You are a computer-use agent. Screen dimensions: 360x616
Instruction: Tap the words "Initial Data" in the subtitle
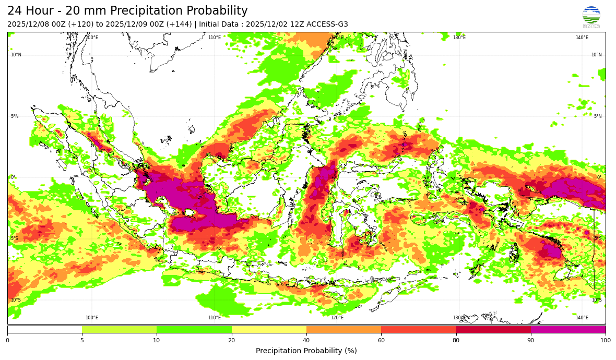(218, 25)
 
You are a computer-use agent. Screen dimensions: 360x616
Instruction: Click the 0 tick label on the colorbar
(7, 341)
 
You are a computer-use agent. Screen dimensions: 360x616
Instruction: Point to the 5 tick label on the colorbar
(82, 341)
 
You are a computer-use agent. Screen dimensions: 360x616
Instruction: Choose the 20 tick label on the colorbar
(232, 341)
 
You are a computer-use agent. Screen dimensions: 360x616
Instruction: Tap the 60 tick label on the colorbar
(381, 341)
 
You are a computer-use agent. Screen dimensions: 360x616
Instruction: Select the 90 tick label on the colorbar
(531, 341)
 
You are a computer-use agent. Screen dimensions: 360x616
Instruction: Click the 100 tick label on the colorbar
(606, 341)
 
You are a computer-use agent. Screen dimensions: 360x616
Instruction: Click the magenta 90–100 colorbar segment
(568, 330)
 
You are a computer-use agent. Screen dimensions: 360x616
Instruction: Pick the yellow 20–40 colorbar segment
(269, 330)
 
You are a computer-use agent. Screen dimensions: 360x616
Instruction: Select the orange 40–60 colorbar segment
(343, 330)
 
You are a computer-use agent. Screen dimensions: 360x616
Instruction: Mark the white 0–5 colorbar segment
(44, 330)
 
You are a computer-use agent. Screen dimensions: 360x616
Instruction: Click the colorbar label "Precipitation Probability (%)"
(306, 351)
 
